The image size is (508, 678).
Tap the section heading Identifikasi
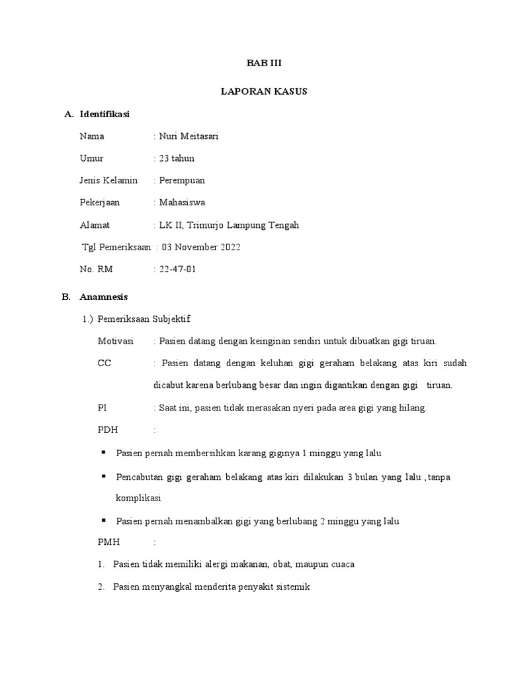coord(105,115)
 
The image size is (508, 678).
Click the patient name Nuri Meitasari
coord(189,136)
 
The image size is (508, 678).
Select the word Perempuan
coord(182,180)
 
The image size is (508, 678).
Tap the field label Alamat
coord(95,225)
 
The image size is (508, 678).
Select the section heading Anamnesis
coord(104,297)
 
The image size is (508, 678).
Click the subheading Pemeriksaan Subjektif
coord(144,319)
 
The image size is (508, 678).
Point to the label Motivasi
coord(115,341)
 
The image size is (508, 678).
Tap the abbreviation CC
coord(104,363)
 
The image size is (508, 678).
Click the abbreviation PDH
coord(107,430)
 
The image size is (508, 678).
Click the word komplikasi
coord(138,497)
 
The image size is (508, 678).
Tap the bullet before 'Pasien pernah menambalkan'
coord(104,520)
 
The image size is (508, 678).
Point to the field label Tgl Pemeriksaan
coord(116,247)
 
